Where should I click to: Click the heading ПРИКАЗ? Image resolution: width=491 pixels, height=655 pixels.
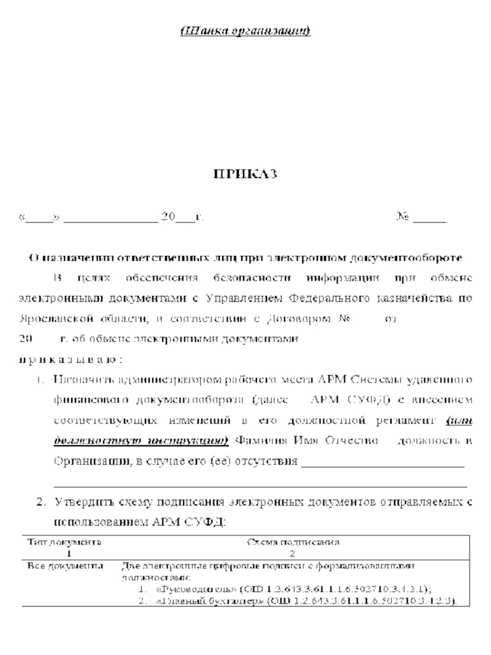(x=245, y=175)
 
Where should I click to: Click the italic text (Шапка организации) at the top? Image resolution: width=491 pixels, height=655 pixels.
(x=245, y=30)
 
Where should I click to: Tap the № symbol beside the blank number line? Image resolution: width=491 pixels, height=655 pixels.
(x=403, y=217)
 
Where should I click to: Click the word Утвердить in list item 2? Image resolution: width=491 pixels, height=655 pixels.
(x=82, y=503)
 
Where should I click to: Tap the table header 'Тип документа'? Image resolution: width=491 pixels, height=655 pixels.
(x=64, y=542)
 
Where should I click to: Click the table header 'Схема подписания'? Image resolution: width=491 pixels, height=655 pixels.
(x=293, y=542)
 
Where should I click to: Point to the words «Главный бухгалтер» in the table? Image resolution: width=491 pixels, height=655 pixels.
(x=203, y=600)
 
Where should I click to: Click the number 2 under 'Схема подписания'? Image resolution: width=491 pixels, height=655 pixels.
(x=293, y=552)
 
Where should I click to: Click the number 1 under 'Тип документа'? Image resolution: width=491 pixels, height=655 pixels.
(x=63, y=552)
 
